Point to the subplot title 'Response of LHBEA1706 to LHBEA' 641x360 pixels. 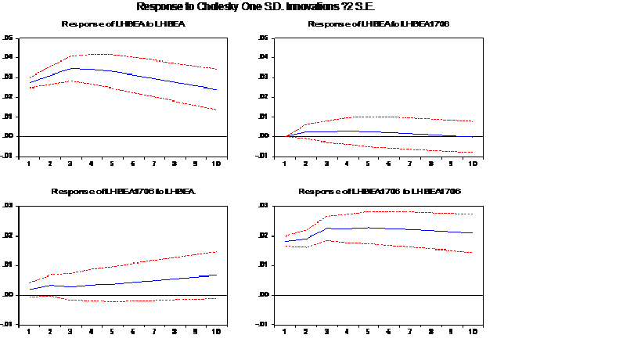coord(123,192)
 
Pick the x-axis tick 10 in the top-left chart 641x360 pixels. coord(216,163)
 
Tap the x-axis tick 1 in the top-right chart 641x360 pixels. coord(285,163)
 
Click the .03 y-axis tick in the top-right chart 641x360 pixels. coord(263,77)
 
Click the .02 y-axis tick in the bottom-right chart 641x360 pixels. coord(263,236)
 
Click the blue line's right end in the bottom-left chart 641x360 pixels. coord(216,275)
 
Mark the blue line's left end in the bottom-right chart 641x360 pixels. coord(286,241)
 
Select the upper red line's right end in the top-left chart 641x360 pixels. coord(216,70)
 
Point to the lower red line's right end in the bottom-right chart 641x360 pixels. coord(472,253)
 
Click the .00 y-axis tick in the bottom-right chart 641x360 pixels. coord(263,295)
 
